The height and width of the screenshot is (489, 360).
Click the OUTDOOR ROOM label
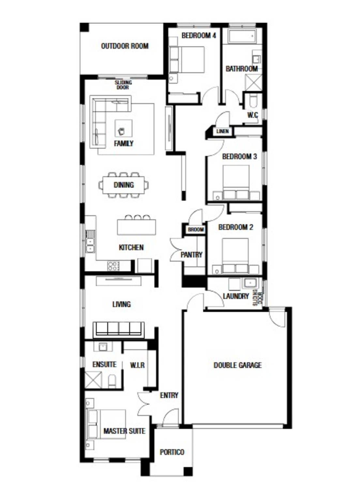pyautogui.click(x=125, y=46)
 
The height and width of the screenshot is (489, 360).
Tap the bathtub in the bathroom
pyautogui.click(x=242, y=36)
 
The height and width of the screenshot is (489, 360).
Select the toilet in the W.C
pyautogui.click(x=253, y=102)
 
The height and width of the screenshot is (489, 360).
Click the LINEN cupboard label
pyautogui.click(x=222, y=131)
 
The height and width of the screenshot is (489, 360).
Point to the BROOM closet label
pyautogui.click(x=196, y=230)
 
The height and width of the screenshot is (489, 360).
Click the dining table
pyautogui.click(x=124, y=185)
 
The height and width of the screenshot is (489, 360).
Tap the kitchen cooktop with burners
pyautogui.click(x=113, y=266)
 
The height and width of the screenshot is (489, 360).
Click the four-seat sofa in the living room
pyautogui.click(x=119, y=329)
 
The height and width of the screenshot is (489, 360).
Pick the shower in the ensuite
pyautogui.click(x=93, y=379)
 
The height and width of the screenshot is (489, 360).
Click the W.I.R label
pyautogui.click(x=137, y=365)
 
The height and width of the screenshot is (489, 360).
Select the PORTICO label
pyautogui.click(x=172, y=452)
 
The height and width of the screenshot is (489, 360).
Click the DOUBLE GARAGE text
pyautogui.click(x=237, y=365)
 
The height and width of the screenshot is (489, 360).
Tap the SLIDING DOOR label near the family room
pyautogui.click(x=123, y=85)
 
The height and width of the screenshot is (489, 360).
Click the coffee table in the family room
pyautogui.click(x=123, y=128)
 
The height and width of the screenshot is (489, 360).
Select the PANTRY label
pyautogui.click(x=191, y=255)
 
